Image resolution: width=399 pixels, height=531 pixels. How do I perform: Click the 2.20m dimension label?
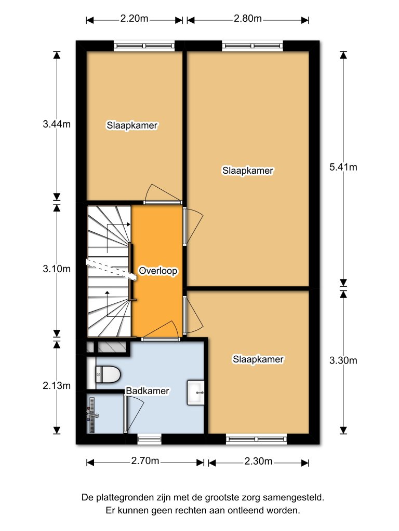[134, 19]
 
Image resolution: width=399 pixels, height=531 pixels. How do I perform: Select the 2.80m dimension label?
[247, 19]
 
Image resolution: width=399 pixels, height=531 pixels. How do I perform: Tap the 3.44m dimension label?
[57, 124]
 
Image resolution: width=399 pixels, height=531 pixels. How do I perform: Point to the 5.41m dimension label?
[343, 167]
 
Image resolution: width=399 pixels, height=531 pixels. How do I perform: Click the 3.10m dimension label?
[57, 269]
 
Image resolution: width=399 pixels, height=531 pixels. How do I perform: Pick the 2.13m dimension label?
[57, 385]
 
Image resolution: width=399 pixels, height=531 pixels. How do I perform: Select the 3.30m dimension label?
[343, 360]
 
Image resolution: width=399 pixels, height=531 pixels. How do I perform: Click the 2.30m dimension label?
[258, 461]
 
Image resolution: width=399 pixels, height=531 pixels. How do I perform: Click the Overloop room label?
[158, 271]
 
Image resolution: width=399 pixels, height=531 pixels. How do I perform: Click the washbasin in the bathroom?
[196, 393]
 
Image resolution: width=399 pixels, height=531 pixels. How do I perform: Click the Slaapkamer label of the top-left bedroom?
[132, 125]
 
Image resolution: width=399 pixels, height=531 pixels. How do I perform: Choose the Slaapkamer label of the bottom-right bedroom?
[258, 359]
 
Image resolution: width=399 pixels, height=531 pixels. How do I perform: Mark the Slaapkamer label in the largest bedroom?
[248, 170]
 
